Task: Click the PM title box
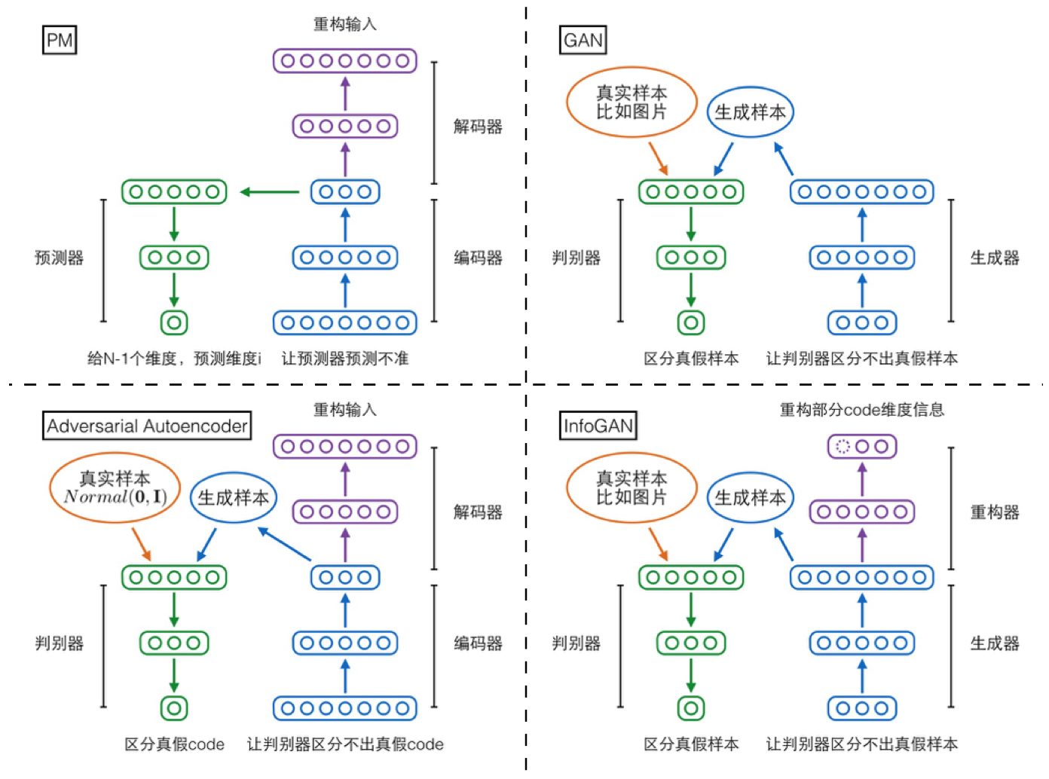60,40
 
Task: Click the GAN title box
583,40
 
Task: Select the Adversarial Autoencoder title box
147,426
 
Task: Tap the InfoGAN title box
598,426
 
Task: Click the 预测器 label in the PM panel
59,258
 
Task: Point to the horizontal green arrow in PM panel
270,192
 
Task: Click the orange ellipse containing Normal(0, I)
115,488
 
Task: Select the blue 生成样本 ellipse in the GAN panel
750,112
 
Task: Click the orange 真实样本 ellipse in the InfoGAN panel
632,488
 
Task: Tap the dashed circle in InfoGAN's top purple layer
843,447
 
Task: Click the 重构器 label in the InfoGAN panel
994,512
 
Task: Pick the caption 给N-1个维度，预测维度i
174,359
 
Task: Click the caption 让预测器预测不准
345,359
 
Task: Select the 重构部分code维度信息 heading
861,410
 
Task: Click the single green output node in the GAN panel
691,322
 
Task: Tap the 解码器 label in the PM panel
478,127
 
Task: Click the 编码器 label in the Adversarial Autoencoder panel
478,643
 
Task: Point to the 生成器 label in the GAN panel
994,258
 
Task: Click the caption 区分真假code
174,744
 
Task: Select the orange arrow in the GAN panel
658,159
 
